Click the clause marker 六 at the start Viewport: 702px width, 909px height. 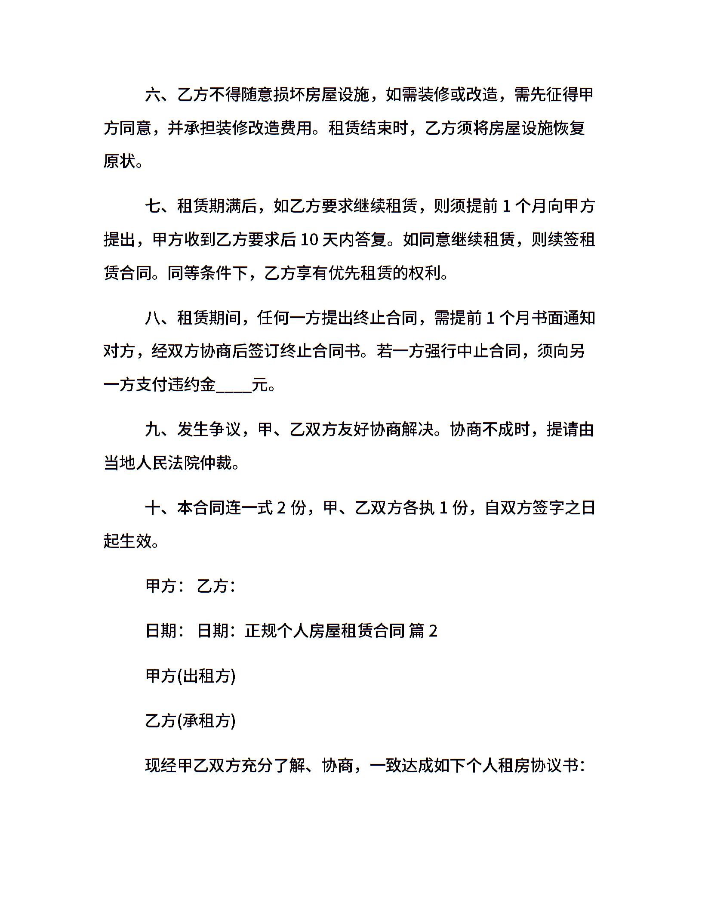tap(153, 95)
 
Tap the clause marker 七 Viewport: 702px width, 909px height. tap(153, 207)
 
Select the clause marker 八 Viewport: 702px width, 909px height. tap(153, 318)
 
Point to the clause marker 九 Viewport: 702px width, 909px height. tap(153, 430)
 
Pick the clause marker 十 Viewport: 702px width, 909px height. tap(153, 508)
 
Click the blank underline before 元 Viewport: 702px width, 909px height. tap(234, 386)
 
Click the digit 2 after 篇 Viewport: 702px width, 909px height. tap(433, 631)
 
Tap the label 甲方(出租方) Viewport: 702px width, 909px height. tap(190, 676)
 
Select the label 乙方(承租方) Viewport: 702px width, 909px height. tap(190, 721)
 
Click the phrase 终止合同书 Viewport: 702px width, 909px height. tap(320, 352)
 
